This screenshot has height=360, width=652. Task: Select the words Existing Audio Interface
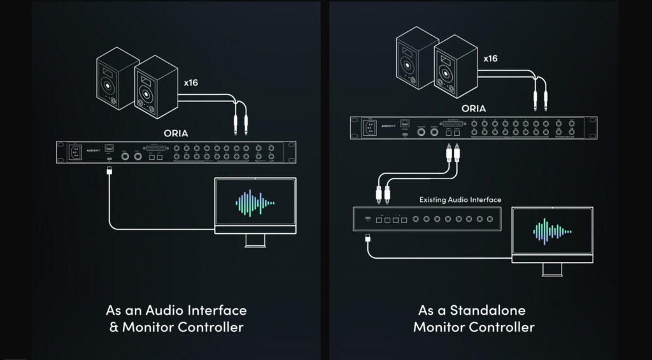(x=460, y=199)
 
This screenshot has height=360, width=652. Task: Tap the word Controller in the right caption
(x=503, y=328)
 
